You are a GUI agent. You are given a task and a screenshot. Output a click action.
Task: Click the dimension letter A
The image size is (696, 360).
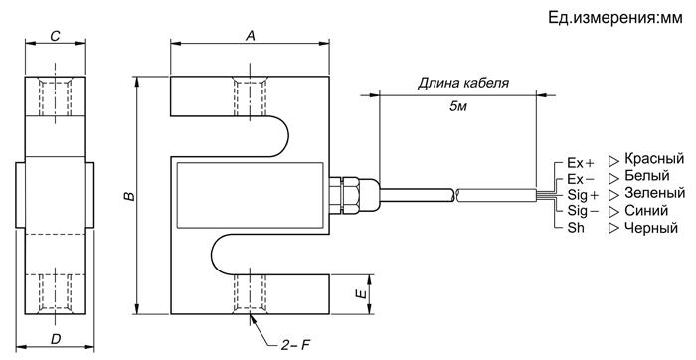click(251, 36)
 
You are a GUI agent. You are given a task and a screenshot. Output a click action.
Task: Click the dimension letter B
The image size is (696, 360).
click(128, 196)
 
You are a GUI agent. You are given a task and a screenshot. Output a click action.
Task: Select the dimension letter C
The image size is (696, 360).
click(55, 36)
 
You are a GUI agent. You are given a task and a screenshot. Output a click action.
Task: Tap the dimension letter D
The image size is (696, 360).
click(55, 339)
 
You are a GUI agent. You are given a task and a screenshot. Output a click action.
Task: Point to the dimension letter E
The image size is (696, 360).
click(363, 293)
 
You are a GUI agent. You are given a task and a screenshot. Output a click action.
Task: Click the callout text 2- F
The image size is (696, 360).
click(294, 345)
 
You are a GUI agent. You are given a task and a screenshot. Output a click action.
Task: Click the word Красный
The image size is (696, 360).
click(654, 159)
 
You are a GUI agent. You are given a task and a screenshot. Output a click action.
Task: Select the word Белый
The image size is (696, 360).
click(646, 176)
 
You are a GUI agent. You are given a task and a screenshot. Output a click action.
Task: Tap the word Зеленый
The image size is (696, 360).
click(654, 193)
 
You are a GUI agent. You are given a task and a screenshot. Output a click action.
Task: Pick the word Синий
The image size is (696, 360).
click(646, 210)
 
